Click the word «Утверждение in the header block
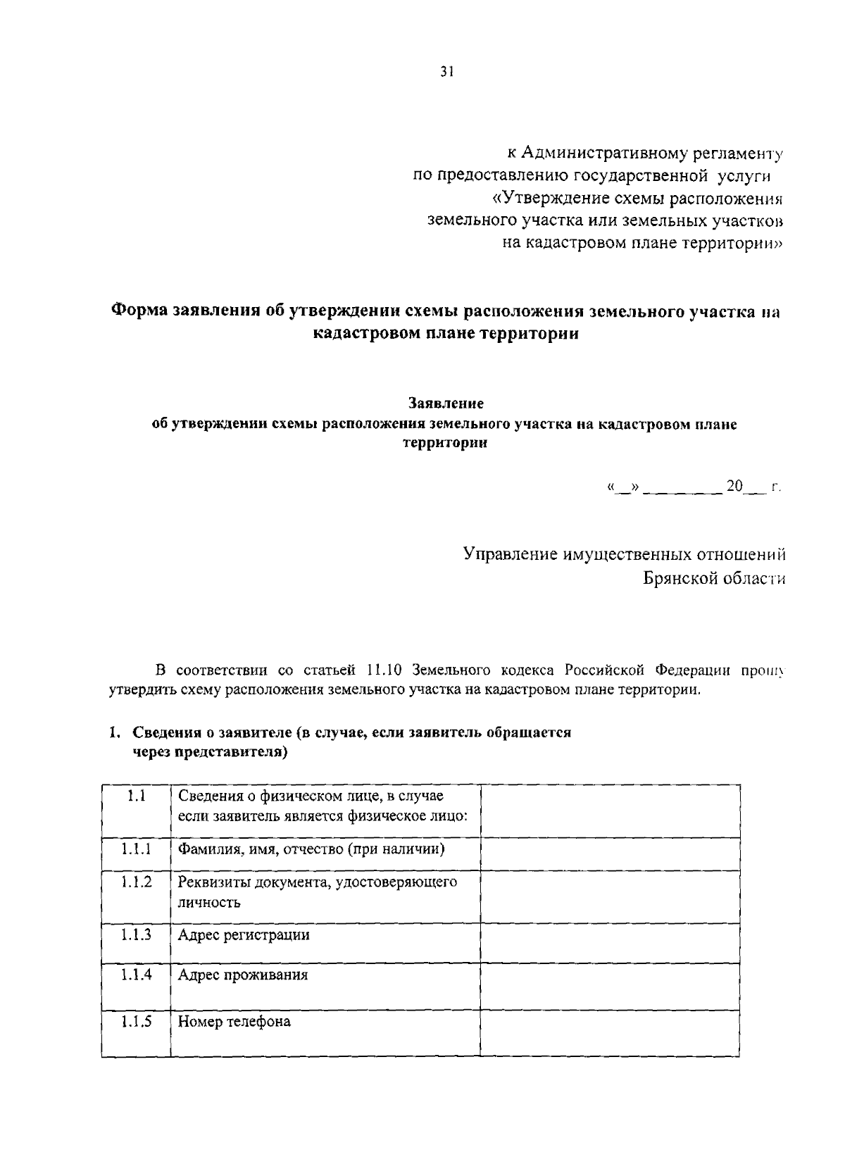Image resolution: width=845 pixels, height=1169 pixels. click(544, 198)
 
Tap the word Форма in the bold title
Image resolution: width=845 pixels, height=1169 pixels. click(139, 311)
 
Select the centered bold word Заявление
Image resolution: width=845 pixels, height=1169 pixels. click(446, 404)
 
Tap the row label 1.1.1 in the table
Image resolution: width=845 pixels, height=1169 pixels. click(136, 849)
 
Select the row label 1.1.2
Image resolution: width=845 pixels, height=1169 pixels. click(136, 882)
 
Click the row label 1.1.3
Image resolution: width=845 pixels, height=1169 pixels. click(136, 935)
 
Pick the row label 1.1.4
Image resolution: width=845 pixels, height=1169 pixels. click(136, 975)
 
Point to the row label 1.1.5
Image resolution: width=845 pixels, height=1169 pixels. click(136, 1022)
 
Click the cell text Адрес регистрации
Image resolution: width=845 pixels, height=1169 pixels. click(244, 935)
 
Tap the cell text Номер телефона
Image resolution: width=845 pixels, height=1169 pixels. click(234, 1022)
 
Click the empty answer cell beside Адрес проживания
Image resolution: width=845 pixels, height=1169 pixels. click(610, 986)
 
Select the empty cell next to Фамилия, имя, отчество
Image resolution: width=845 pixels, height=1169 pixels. click(610, 854)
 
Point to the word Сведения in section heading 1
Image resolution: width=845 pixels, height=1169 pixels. click(165, 732)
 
